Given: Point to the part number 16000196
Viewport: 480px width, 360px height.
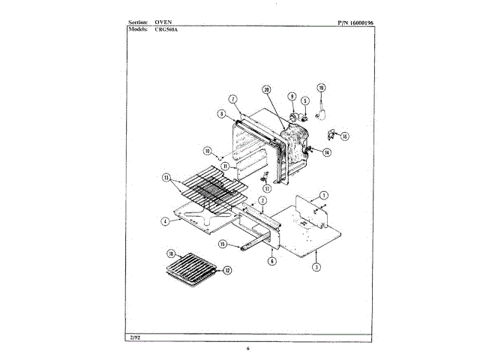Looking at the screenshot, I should (357, 23).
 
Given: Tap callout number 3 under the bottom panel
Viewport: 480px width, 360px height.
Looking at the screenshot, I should (317, 266).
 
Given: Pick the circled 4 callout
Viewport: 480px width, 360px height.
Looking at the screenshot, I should (164, 220).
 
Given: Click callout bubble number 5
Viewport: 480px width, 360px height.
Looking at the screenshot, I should (305, 100).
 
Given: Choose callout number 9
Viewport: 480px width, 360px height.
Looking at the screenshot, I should (292, 97).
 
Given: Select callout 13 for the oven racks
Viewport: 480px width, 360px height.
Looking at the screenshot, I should (166, 178).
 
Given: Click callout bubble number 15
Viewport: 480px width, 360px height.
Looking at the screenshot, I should (223, 244).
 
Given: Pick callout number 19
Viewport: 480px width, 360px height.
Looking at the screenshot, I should (321, 88).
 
